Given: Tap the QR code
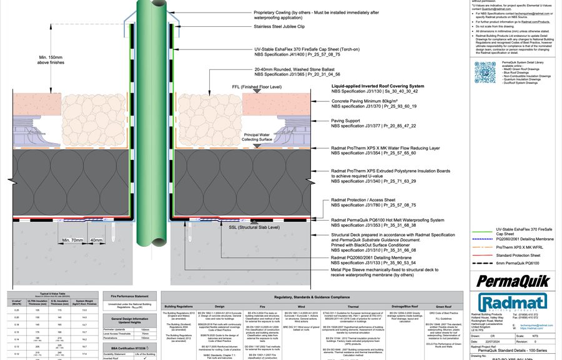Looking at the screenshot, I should pyautogui.click(x=485, y=72).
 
